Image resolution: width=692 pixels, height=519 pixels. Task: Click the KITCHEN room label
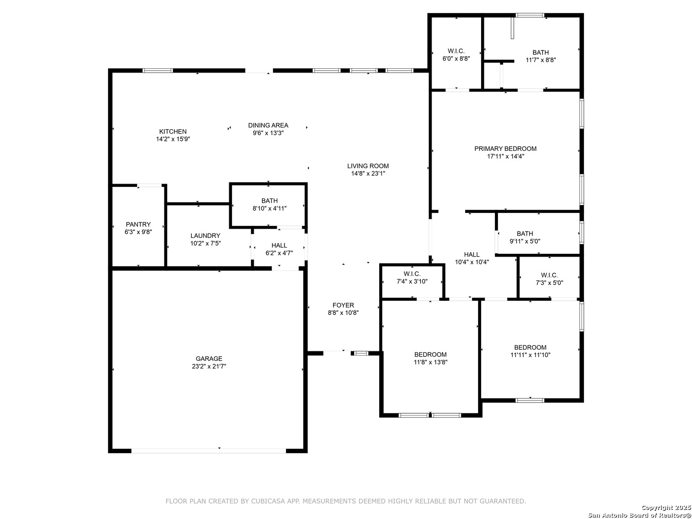pos(173,131)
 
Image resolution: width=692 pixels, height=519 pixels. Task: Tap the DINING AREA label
pos(268,125)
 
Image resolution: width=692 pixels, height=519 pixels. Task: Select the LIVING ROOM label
pos(368,166)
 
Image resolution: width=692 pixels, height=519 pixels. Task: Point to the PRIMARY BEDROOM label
pos(506,148)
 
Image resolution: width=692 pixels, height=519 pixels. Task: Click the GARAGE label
pos(209,358)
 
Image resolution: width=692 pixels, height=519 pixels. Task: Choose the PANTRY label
pos(138,224)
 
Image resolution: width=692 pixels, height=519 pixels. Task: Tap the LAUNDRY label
pos(205,235)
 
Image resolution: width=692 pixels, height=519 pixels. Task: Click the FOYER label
pos(343,305)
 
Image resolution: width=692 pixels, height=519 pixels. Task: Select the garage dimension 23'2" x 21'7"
pos(209,366)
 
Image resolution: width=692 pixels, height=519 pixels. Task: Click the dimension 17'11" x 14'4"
pos(506,156)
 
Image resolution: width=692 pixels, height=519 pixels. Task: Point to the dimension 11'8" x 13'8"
pos(430,362)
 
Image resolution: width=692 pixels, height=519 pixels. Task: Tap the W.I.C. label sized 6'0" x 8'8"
pos(456,51)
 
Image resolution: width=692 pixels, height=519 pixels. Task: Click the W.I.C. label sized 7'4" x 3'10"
pos(412,273)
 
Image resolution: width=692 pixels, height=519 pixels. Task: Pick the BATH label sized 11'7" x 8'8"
pos(540,52)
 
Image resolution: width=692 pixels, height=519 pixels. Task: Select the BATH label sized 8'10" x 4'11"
pos(269,200)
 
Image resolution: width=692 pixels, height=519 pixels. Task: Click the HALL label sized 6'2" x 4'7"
pos(279,245)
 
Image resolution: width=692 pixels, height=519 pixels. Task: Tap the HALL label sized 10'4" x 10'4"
pos(471,254)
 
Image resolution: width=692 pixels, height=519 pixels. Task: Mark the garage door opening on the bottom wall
pos(209,451)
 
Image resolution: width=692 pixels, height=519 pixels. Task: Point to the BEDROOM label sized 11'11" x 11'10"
pos(530,347)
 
